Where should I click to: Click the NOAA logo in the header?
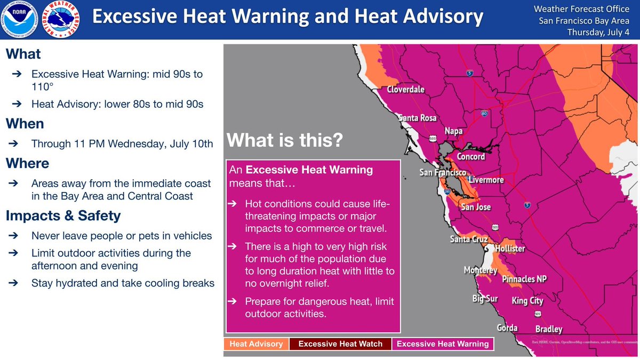point(19,19)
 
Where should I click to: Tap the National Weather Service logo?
point(61,19)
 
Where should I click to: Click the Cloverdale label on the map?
point(405,90)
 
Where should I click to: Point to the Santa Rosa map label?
point(418,118)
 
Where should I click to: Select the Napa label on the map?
point(454,131)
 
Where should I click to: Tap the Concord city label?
point(470,156)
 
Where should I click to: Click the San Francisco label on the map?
point(443,172)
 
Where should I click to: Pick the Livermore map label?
point(486,180)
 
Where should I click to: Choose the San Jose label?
point(476,207)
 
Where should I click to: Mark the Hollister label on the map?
point(510,249)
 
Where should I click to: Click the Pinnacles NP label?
point(524,279)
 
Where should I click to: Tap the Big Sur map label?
point(485,299)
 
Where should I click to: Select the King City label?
point(527,301)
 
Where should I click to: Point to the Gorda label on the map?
point(507,327)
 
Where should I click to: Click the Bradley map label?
point(549,329)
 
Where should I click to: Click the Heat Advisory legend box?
point(256,344)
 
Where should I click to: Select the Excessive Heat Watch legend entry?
point(340,344)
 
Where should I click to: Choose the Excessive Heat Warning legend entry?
point(443,344)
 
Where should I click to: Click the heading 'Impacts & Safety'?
point(63,215)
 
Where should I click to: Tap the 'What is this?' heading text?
point(285,140)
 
